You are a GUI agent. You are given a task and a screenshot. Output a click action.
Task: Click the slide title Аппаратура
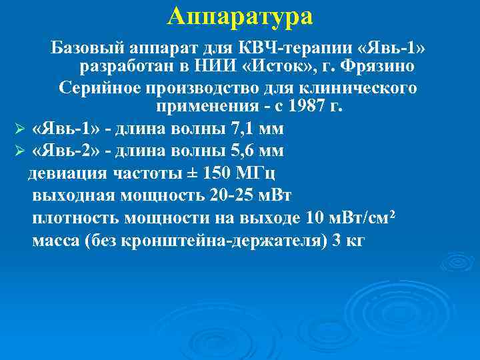[240, 16]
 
